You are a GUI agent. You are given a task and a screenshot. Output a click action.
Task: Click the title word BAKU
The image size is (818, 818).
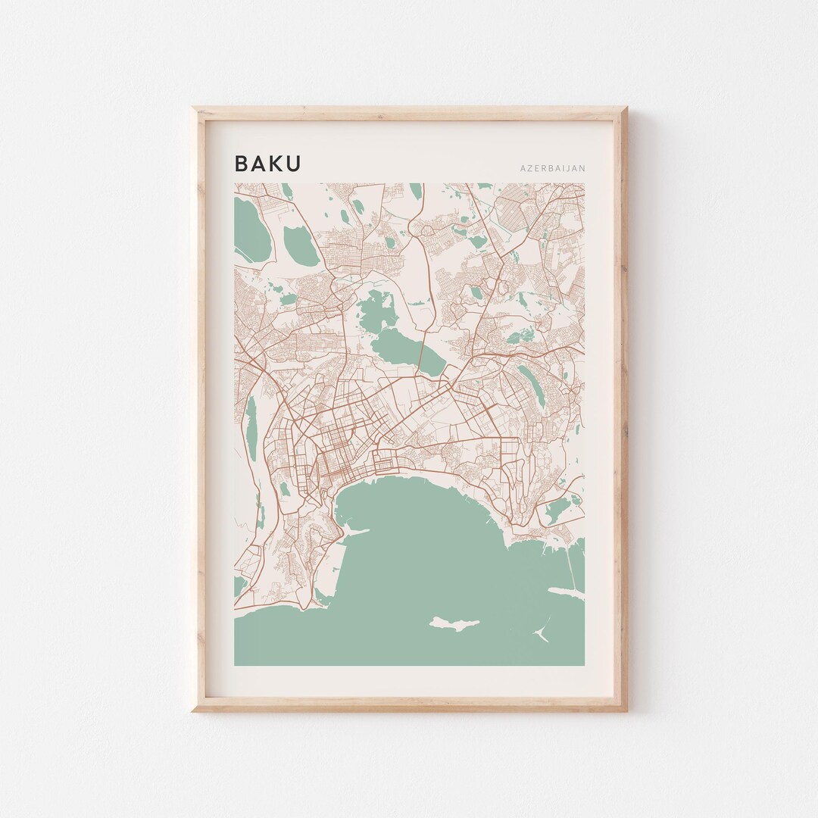(267, 164)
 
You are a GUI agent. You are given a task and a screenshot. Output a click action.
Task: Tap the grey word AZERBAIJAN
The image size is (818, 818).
(551, 168)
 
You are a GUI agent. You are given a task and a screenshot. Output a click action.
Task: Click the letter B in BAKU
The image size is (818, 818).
(241, 164)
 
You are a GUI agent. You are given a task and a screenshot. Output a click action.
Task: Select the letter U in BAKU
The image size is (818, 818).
(293, 164)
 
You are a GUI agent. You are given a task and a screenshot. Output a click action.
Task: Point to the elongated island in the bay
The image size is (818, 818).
(454, 623)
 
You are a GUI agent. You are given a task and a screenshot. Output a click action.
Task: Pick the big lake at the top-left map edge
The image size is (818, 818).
(251, 227)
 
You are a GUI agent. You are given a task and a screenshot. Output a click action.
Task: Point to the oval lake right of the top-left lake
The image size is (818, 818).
(301, 244)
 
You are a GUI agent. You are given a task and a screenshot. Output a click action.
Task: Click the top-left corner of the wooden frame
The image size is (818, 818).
(192, 108)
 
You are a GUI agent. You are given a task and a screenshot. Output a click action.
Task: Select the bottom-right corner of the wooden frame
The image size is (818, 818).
(627, 710)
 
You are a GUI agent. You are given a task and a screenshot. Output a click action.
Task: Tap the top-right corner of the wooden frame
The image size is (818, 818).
(627, 108)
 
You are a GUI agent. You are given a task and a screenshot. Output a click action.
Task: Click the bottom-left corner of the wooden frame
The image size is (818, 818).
(192, 710)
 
